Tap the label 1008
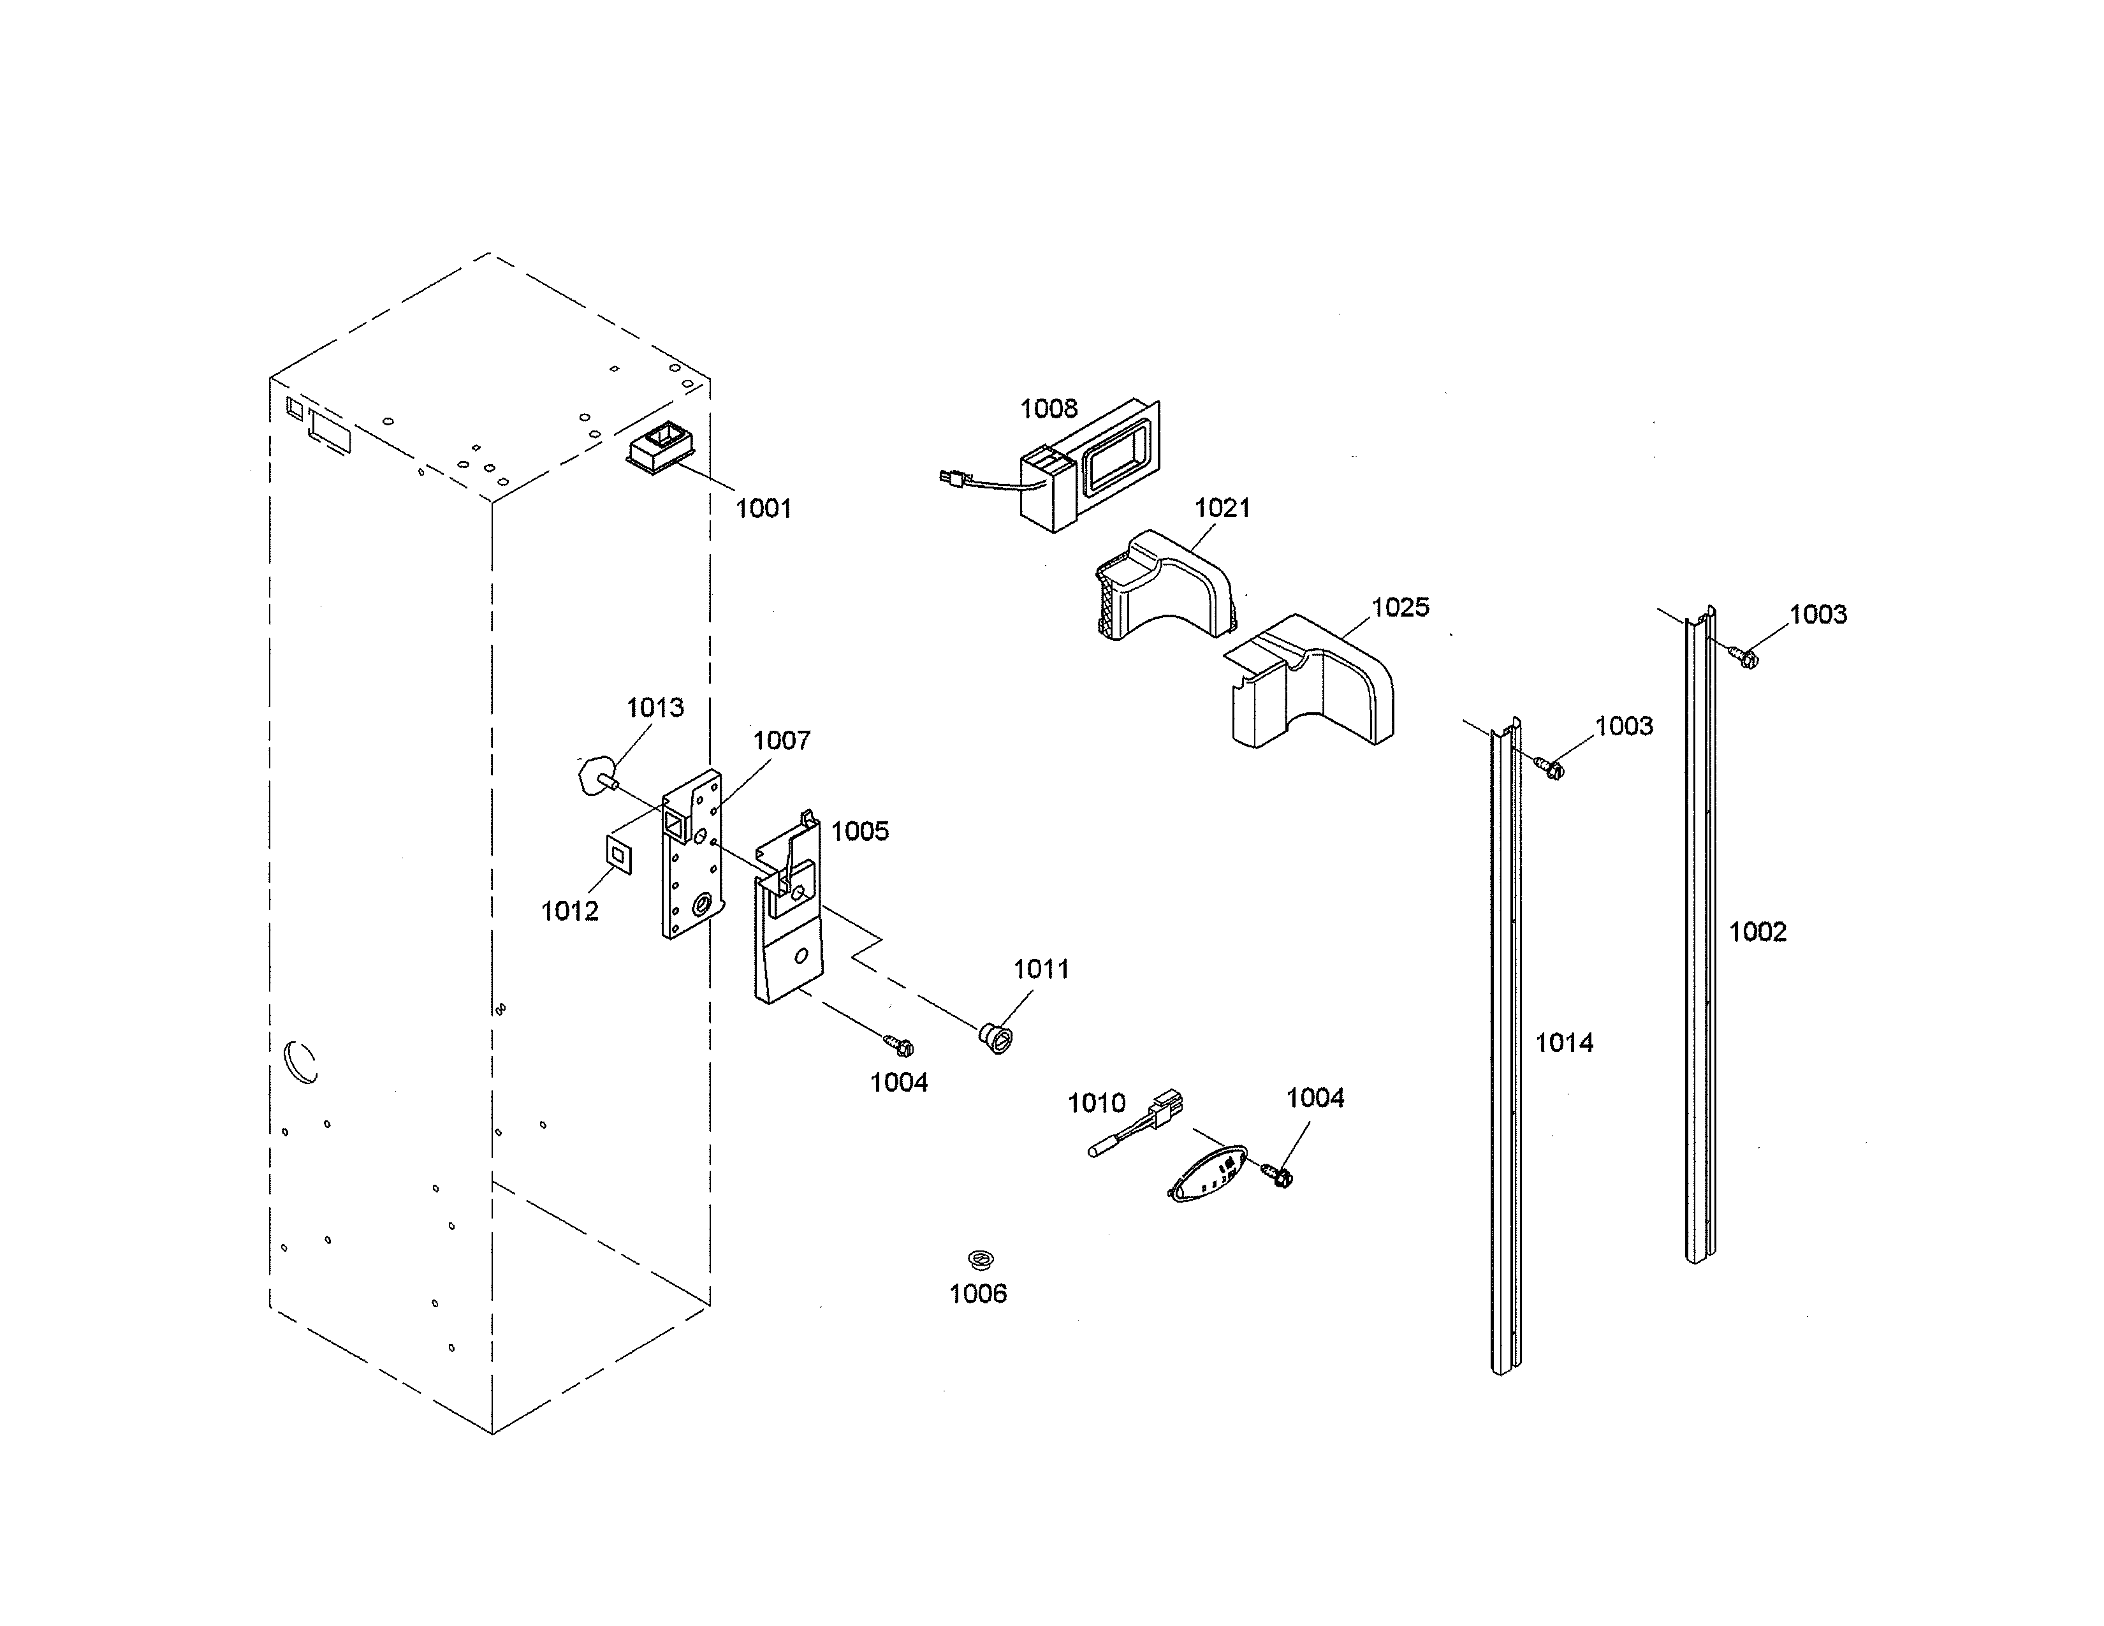(x=1048, y=409)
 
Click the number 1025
(x=1399, y=607)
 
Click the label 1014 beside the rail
(x=1563, y=1043)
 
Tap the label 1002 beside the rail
(x=1757, y=932)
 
